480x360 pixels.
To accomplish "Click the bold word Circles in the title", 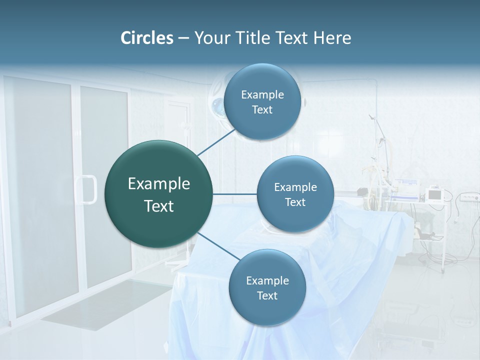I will pyautogui.click(x=146, y=38).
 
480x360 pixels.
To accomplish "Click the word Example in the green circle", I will pyautogui.click(x=159, y=184).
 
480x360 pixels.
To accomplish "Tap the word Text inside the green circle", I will pyautogui.click(x=159, y=206).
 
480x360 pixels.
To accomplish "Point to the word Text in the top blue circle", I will pyautogui.click(x=262, y=110).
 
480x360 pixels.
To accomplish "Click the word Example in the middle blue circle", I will pyautogui.click(x=295, y=187).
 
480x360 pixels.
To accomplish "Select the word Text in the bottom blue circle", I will pyautogui.click(x=267, y=296).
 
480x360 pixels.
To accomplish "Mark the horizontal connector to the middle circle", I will pyautogui.click(x=234, y=194).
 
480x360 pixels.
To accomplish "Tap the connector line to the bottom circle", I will pyautogui.click(x=218, y=246).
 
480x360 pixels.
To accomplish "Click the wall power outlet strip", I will pyautogui.click(x=467, y=197).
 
